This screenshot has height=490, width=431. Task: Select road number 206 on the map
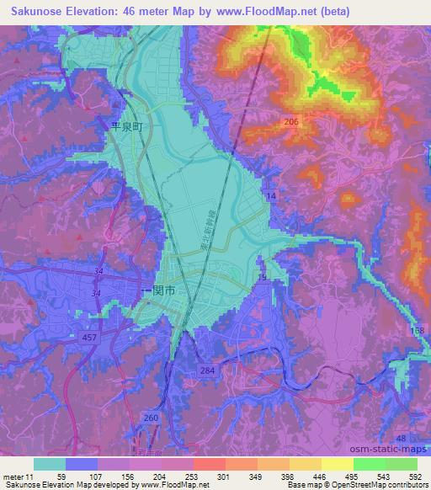[291, 122]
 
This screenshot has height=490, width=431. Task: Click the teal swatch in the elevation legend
[49, 464]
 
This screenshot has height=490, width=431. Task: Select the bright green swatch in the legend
[369, 464]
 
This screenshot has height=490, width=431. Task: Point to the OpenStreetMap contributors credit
[371, 485]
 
